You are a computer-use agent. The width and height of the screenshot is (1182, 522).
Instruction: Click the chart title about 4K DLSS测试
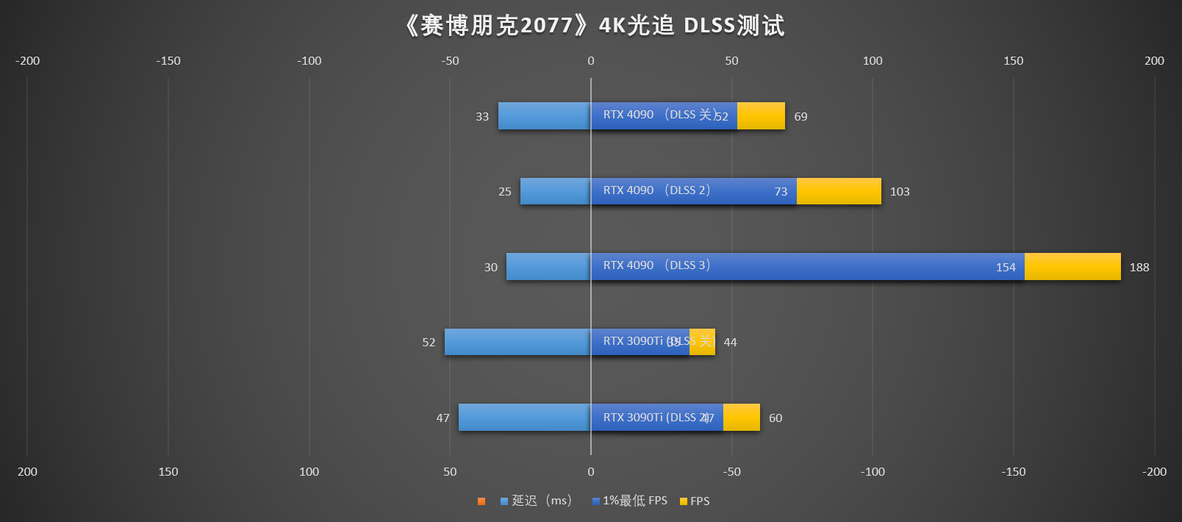click(x=594, y=26)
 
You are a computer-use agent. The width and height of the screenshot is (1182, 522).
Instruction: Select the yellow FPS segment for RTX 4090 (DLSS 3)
click(x=1072, y=266)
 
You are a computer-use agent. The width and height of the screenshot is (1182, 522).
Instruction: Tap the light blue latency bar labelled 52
click(x=517, y=342)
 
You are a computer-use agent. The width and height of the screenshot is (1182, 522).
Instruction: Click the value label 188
click(x=1139, y=268)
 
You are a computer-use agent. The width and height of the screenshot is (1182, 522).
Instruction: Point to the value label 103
click(x=899, y=192)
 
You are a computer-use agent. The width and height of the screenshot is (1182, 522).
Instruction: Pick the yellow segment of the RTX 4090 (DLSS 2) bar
click(x=838, y=191)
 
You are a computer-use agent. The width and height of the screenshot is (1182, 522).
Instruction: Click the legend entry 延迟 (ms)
click(x=536, y=501)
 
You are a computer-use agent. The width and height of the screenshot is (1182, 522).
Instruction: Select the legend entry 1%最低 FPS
click(x=630, y=501)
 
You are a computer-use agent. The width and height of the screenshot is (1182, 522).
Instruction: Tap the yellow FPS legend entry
click(x=695, y=501)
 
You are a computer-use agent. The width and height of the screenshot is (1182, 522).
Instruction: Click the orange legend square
click(x=481, y=501)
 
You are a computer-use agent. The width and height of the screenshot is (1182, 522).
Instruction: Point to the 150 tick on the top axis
click(x=1013, y=61)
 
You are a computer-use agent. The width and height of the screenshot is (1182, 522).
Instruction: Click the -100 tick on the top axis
click(x=309, y=61)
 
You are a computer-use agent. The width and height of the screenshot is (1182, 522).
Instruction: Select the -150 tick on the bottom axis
click(x=1013, y=472)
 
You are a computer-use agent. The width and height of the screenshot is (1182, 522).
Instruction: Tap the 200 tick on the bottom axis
click(x=27, y=472)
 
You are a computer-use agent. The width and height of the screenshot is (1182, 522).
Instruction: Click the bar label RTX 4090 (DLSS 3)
click(x=656, y=265)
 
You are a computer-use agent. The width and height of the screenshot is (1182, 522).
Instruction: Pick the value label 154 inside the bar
click(x=1005, y=268)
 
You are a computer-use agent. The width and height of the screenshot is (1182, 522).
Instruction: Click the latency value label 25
click(x=504, y=192)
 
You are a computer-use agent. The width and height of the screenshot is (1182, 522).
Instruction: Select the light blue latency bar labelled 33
click(x=544, y=116)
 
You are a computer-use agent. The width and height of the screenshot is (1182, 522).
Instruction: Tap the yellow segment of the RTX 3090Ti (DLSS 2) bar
click(x=741, y=418)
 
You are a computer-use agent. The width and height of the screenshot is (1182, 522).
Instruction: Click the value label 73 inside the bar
click(x=781, y=192)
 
